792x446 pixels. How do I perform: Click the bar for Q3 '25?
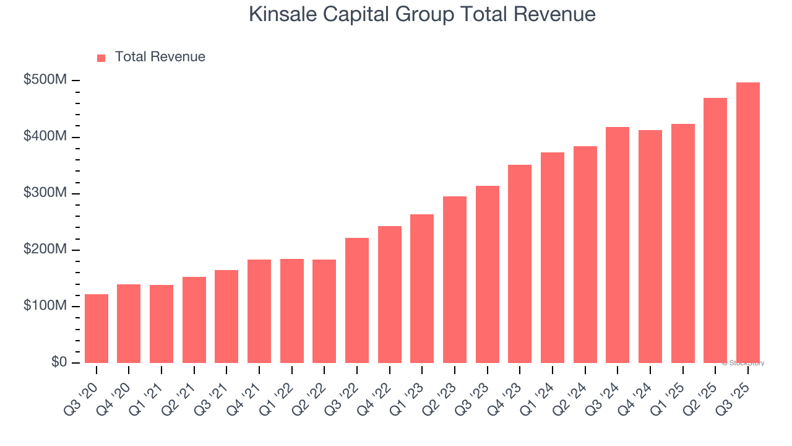coord(747,223)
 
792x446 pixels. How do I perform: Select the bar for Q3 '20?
coord(97,328)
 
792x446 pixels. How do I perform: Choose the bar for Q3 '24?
coord(618,245)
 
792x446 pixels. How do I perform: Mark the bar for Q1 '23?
coord(422,289)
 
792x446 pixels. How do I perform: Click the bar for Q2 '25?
coord(715,230)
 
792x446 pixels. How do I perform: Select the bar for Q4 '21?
coord(259,311)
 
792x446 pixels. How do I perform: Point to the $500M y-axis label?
coord(46,81)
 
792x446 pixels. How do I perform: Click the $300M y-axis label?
coord(46,193)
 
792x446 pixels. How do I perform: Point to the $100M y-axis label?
coord(46,306)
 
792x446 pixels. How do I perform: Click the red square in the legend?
coord(101,58)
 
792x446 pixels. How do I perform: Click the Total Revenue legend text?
coord(160,57)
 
